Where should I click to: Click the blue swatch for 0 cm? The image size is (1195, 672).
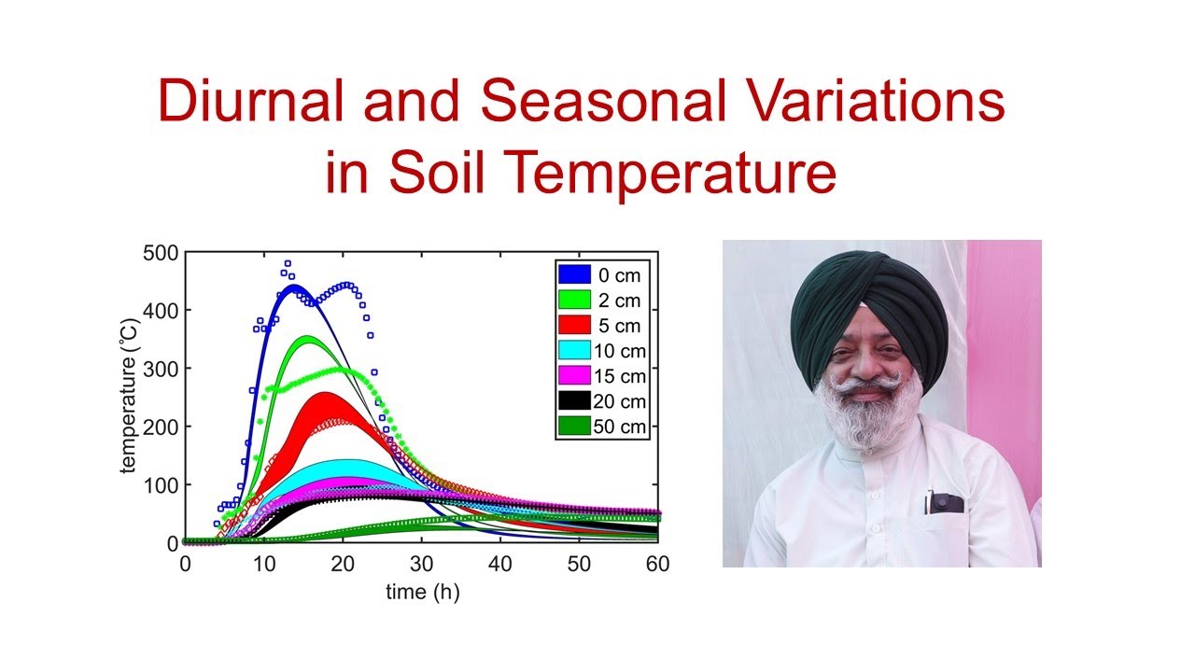[x=574, y=274]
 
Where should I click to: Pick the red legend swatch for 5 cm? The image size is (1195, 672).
[x=574, y=325]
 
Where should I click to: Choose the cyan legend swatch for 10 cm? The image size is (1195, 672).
[x=574, y=351]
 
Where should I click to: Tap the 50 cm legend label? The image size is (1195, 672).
[x=620, y=427]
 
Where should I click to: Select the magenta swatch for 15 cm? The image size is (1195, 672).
[x=574, y=376]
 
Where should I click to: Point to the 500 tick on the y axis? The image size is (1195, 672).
[x=159, y=252]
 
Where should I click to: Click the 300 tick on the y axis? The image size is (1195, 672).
[x=159, y=369]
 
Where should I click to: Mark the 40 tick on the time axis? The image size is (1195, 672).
[x=500, y=564]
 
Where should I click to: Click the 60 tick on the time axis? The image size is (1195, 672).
[x=659, y=564]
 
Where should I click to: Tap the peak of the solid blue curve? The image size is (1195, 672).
[x=294, y=287]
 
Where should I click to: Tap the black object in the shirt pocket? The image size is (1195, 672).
[x=945, y=503]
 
